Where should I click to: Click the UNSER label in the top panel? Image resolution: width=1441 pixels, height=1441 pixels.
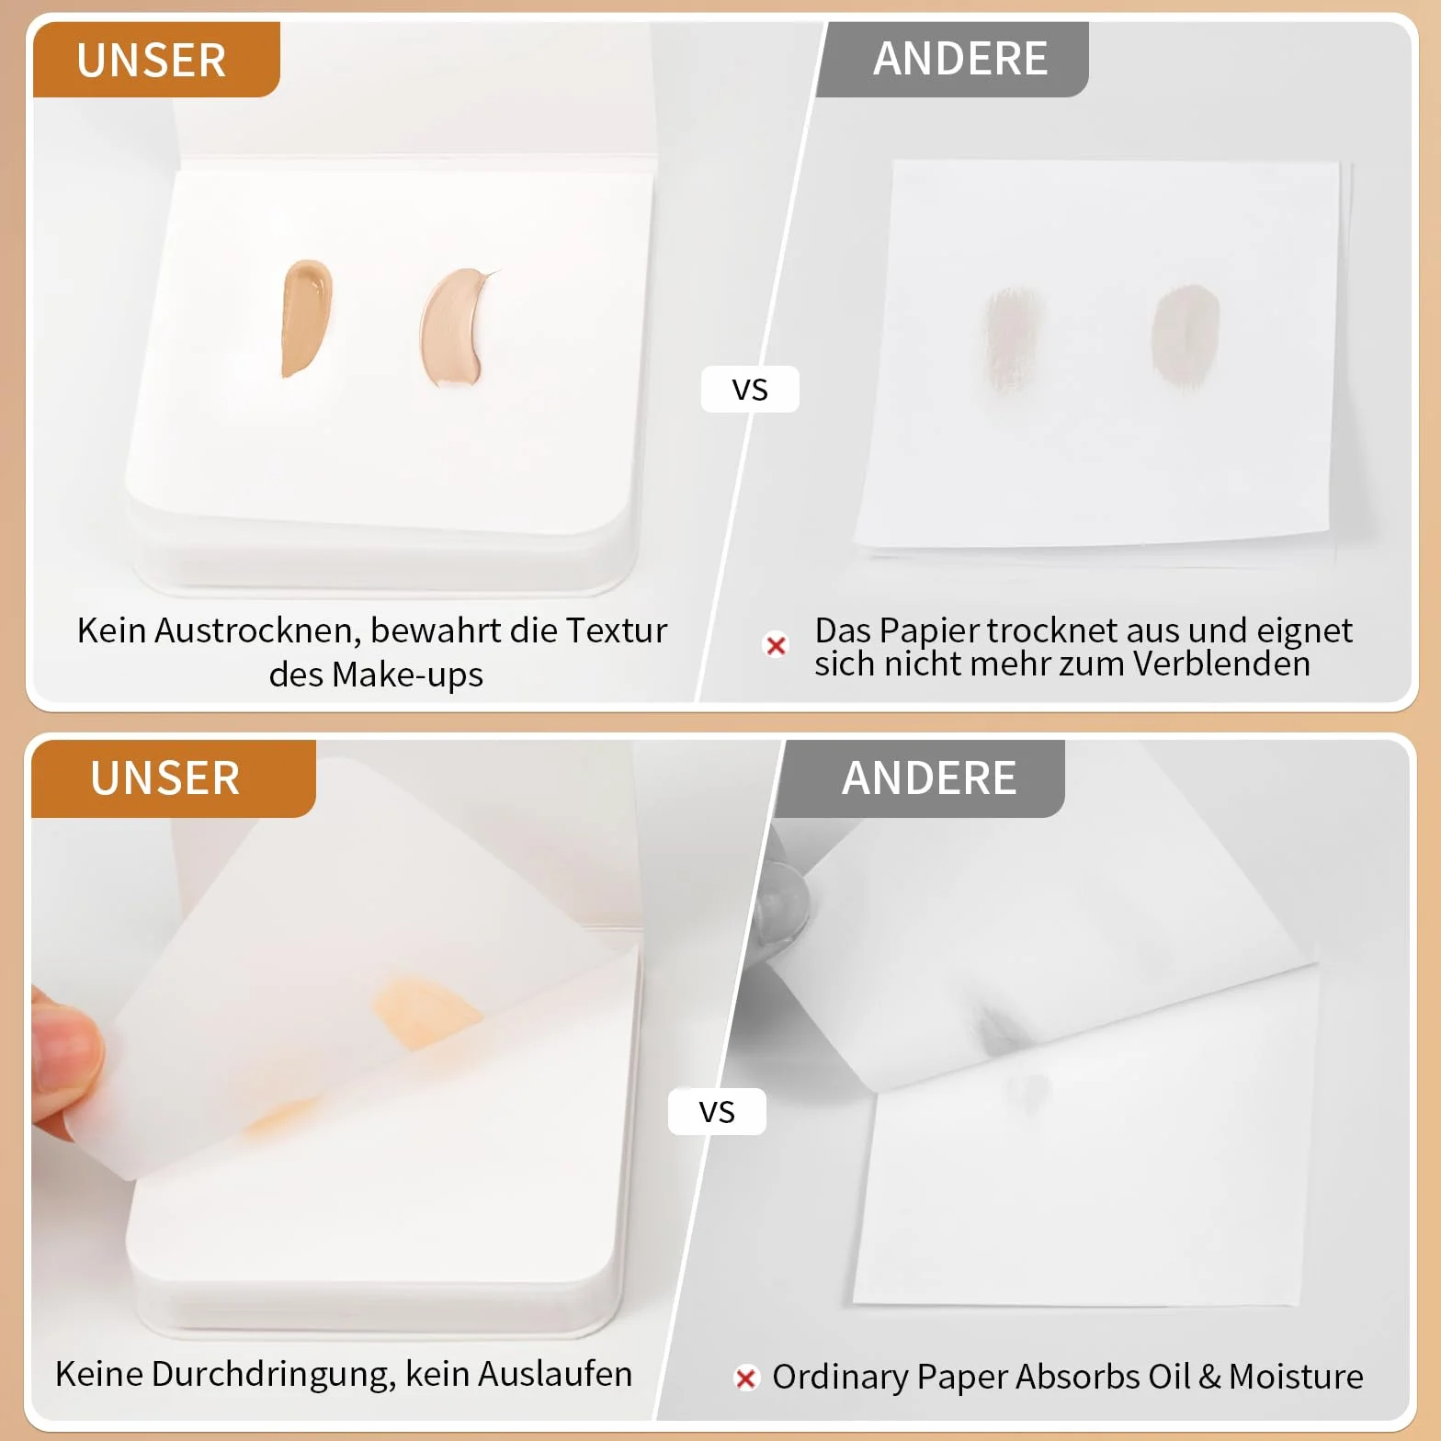[152, 61]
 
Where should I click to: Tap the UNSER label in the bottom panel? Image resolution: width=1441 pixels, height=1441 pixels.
[165, 778]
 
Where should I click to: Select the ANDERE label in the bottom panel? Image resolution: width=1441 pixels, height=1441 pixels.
[929, 778]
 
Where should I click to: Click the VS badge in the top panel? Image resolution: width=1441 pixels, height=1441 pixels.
[750, 390]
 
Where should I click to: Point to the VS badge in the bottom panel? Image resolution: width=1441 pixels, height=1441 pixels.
[717, 1112]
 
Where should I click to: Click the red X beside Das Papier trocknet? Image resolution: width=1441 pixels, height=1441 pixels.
[777, 645]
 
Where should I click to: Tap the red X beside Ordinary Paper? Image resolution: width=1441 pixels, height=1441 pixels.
[746, 1378]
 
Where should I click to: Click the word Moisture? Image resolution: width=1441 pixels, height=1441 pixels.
[1296, 1377]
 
